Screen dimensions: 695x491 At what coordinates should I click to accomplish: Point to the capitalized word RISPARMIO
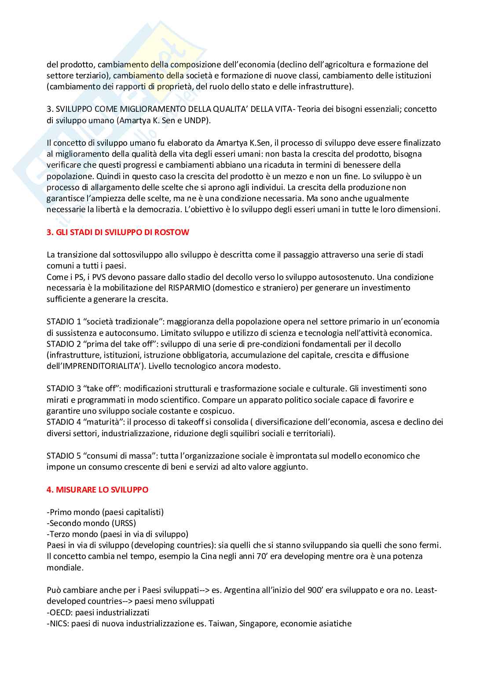(x=191, y=288)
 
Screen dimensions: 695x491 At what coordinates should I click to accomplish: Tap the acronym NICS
(x=59, y=624)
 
